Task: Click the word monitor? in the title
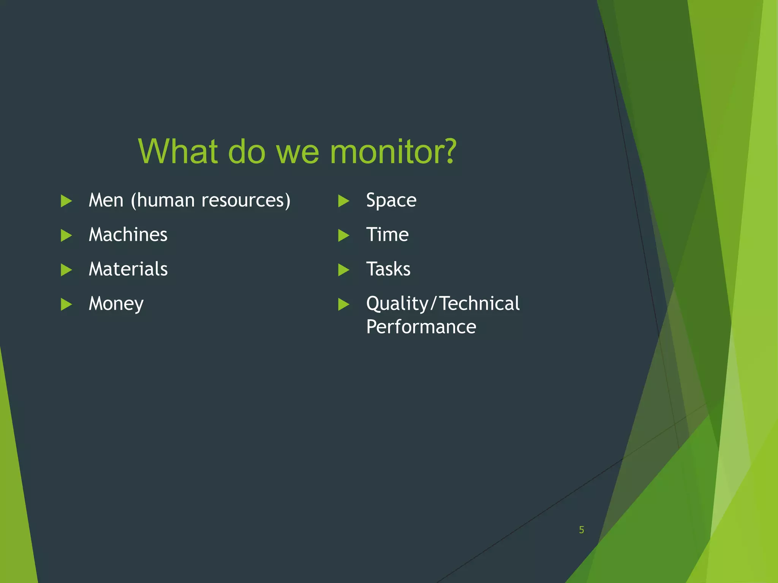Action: [x=393, y=152]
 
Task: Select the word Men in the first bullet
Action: [x=106, y=200]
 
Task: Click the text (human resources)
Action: [x=210, y=200]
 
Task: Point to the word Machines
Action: [x=128, y=235]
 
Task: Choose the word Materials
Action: [x=128, y=269]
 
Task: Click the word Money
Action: [x=116, y=304]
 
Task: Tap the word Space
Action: [x=391, y=200]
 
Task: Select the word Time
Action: [x=387, y=235]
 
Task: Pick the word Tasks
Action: [x=388, y=269]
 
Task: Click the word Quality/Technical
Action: [x=443, y=304]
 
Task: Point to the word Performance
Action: [x=421, y=327]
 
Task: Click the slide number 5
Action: [x=581, y=530]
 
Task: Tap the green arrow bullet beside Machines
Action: [x=66, y=235]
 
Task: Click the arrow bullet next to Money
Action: [x=66, y=304]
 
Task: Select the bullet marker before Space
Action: [x=343, y=201]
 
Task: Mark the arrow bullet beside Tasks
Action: [x=343, y=270]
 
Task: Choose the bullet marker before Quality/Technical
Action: [x=343, y=304]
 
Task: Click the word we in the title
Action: [x=297, y=152]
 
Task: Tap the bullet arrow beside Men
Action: [x=66, y=201]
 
